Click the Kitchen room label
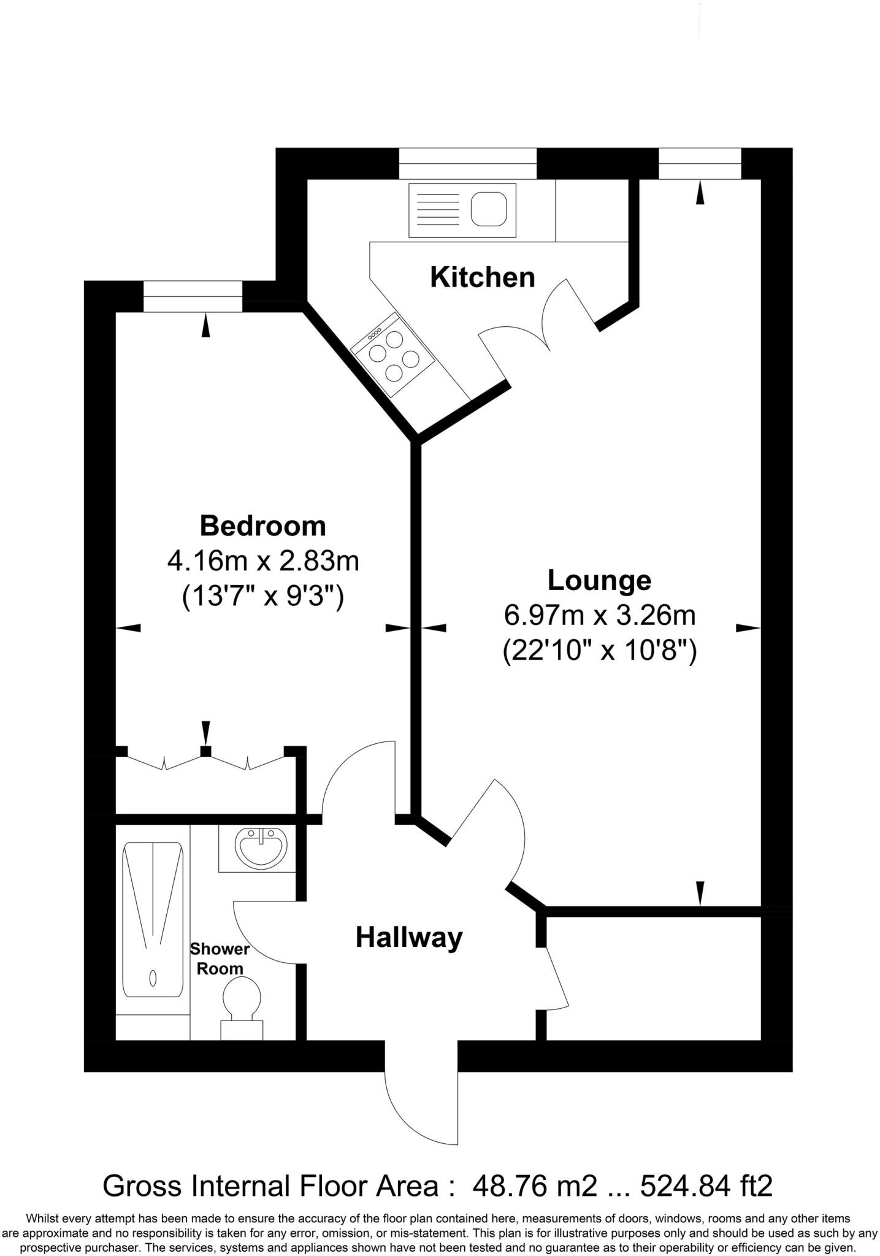point(482,277)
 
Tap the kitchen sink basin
point(489,210)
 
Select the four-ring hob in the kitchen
point(393,354)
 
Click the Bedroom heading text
point(262,526)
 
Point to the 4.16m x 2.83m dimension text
point(262,561)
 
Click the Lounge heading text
point(599,580)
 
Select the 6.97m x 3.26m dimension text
point(599,615)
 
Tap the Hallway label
point(409,937)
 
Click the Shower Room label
point(220,959)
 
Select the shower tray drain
point(153,977)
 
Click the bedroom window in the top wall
point(193,296)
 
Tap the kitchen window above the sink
point(467,163)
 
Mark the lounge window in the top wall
point(700,163)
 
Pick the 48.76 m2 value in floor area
point(534,1186)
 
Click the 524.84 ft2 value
point(706,1186)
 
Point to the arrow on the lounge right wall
point(748,627)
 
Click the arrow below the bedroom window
point(206,325)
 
